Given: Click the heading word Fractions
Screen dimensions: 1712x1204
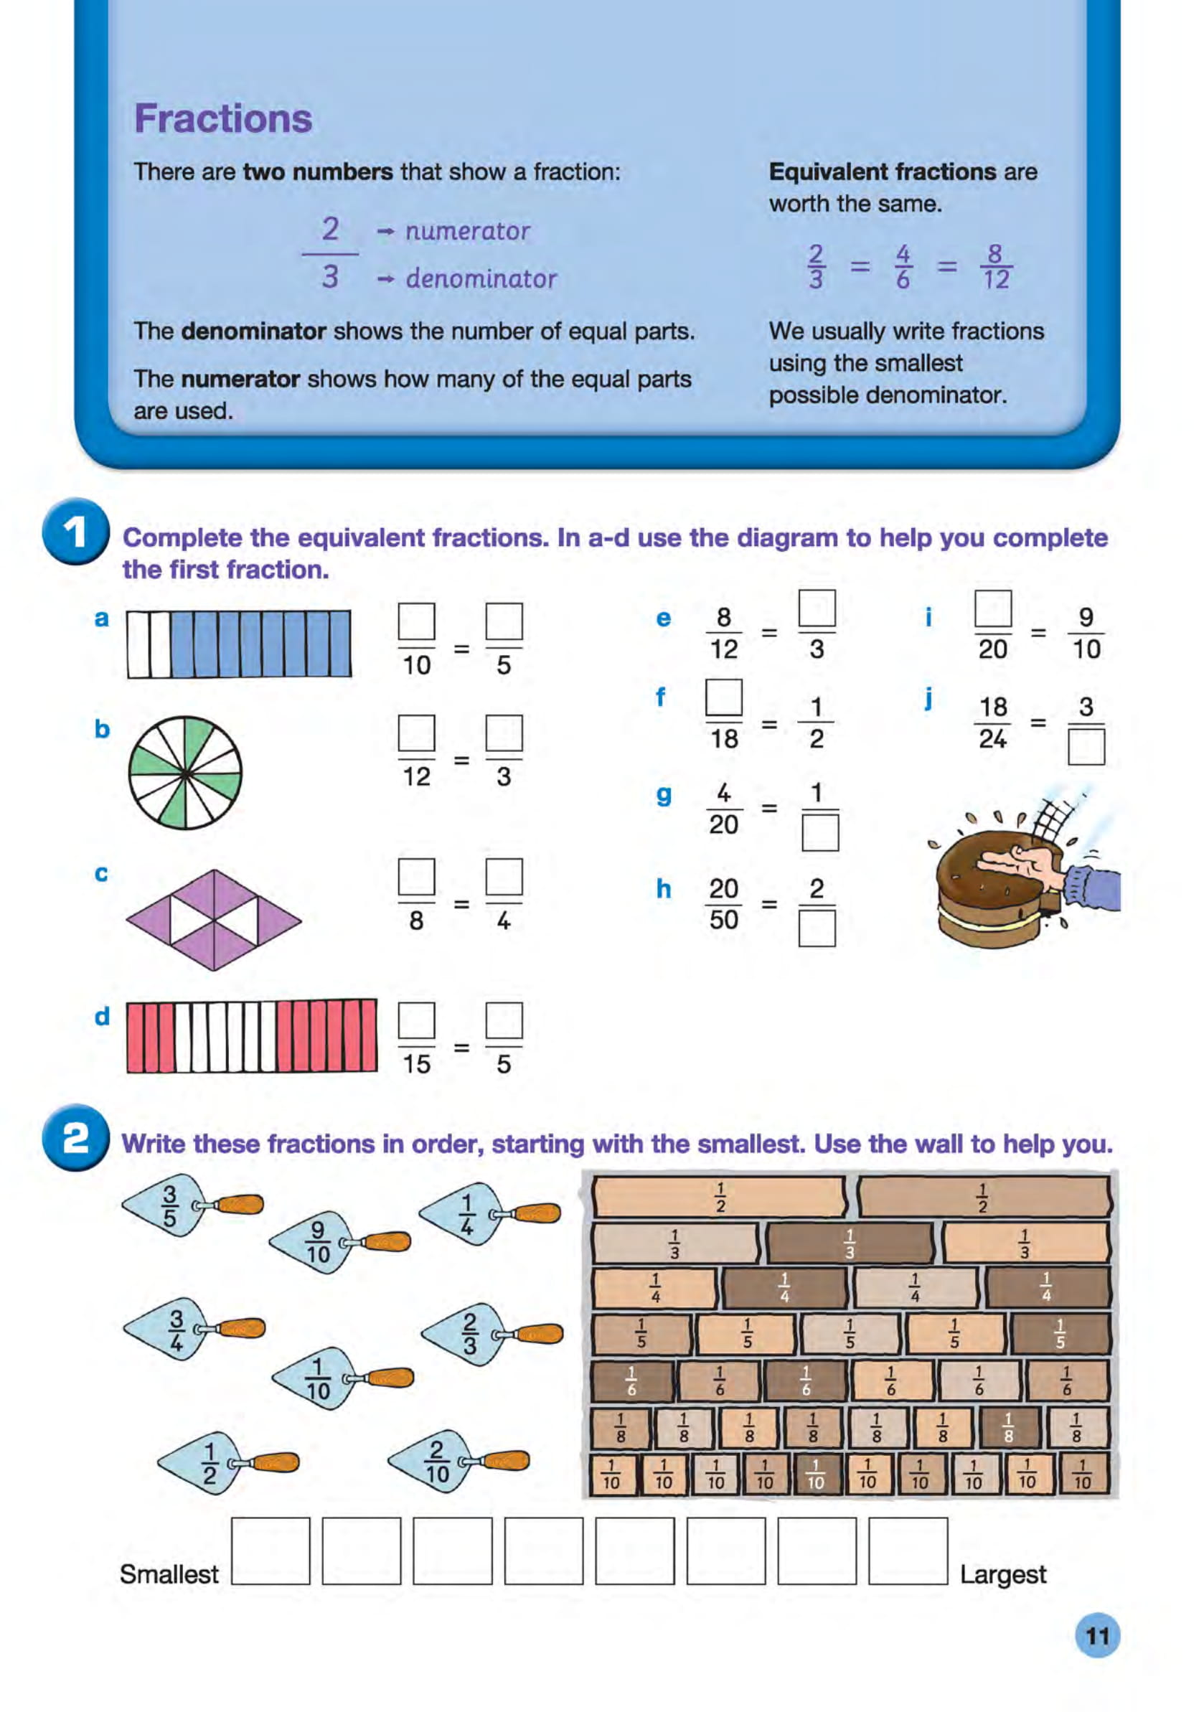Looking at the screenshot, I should [222, 118].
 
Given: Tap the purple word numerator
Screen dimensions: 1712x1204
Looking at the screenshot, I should [466, 231].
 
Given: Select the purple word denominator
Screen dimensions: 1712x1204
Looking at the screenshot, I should [480, 279].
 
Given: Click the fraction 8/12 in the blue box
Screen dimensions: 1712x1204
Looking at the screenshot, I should [995, 267].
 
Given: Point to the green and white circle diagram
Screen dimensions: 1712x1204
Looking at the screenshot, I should [185, 773].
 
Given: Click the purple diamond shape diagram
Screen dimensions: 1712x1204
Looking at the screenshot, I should [213, 919].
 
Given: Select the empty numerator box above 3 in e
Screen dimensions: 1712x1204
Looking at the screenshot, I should [817, 608].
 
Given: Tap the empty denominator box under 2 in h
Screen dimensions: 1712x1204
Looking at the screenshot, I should [817, 928].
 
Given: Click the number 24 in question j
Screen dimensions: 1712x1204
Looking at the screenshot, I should [992, 739].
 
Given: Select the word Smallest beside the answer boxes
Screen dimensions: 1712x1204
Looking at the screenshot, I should [169, 1574].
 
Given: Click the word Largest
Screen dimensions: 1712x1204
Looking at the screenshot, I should [1002, 1574].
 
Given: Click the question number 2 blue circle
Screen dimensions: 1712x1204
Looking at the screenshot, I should [75, 1139].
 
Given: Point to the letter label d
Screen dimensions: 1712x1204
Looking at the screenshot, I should [102, 1016].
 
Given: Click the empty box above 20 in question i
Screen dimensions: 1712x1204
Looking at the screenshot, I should [992, 608].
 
